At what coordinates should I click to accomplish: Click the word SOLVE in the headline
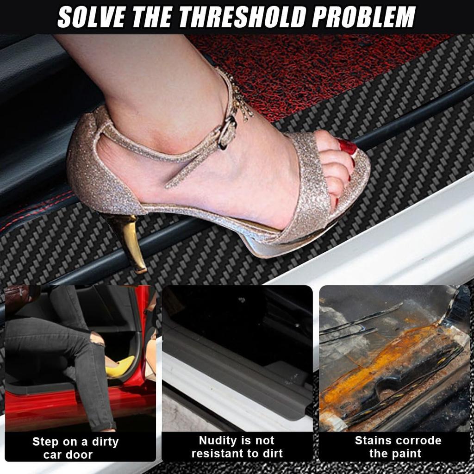click(x=91, y=18)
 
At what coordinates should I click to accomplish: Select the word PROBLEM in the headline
click(x=363, y=18)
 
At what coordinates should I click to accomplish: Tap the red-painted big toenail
click(x=347, y=147)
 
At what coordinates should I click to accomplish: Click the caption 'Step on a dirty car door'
click(x=75, y=448)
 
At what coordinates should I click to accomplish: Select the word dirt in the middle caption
click(x=271, y=454)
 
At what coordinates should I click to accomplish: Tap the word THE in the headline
click(x=152, y=18)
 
